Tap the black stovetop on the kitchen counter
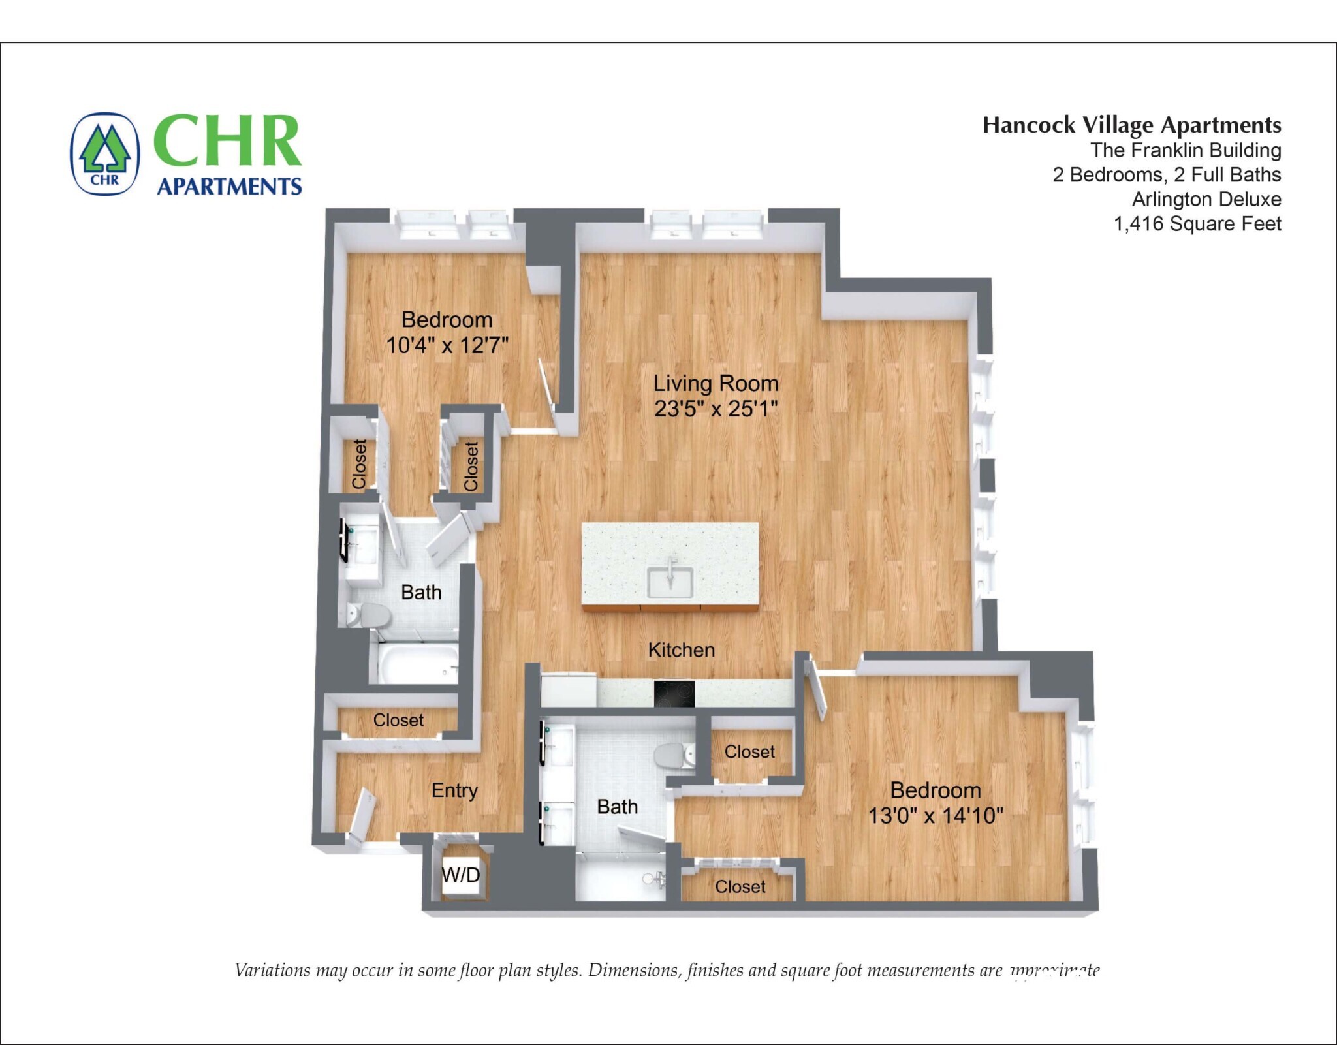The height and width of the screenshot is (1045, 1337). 674,693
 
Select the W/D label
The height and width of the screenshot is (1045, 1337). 461,875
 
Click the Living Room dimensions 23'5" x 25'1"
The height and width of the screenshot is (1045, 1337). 716,409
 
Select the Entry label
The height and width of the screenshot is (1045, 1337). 454,790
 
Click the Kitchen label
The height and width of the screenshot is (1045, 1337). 681,650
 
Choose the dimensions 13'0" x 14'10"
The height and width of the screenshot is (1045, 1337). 935,816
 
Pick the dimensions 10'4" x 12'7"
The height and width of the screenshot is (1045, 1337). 447,345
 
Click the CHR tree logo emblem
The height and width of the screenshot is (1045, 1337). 104,154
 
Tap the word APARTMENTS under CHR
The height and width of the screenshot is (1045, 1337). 229,187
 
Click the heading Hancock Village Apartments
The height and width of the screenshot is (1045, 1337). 1131,125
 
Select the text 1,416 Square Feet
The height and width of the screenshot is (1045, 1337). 1197,224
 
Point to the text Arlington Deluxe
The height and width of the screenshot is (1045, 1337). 1206,199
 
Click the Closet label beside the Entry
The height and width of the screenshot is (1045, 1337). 398,720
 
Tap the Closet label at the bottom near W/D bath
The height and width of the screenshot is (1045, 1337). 740,886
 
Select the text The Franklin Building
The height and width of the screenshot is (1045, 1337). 1185,150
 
